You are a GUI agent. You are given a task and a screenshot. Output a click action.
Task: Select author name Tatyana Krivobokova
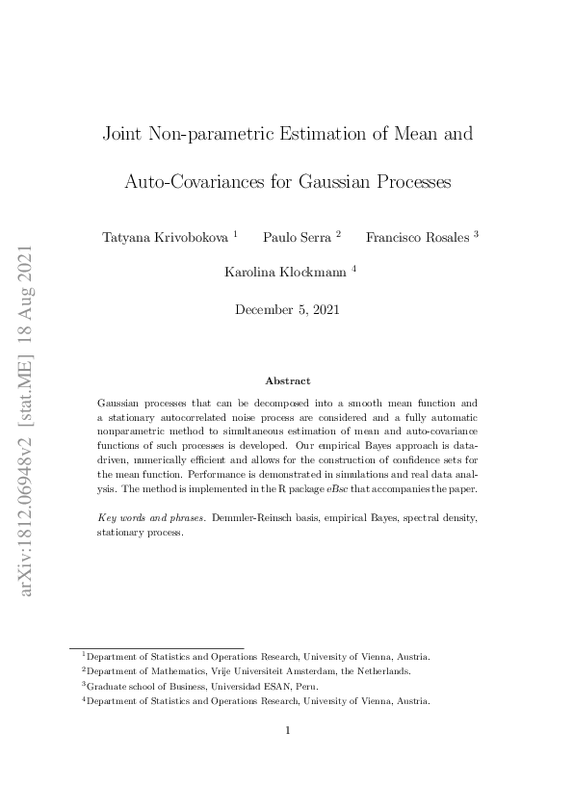(x=165, y=237)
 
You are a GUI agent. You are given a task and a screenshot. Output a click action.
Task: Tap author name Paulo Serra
(x=297, y=237)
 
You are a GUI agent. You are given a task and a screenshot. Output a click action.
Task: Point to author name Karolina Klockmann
(x=286, y=273)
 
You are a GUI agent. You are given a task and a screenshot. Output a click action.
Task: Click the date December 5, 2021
(x=287, y=309)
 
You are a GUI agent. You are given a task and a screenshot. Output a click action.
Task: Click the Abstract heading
(x=287, y=381)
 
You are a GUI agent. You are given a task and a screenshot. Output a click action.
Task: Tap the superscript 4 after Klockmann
(x=354, y=269)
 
